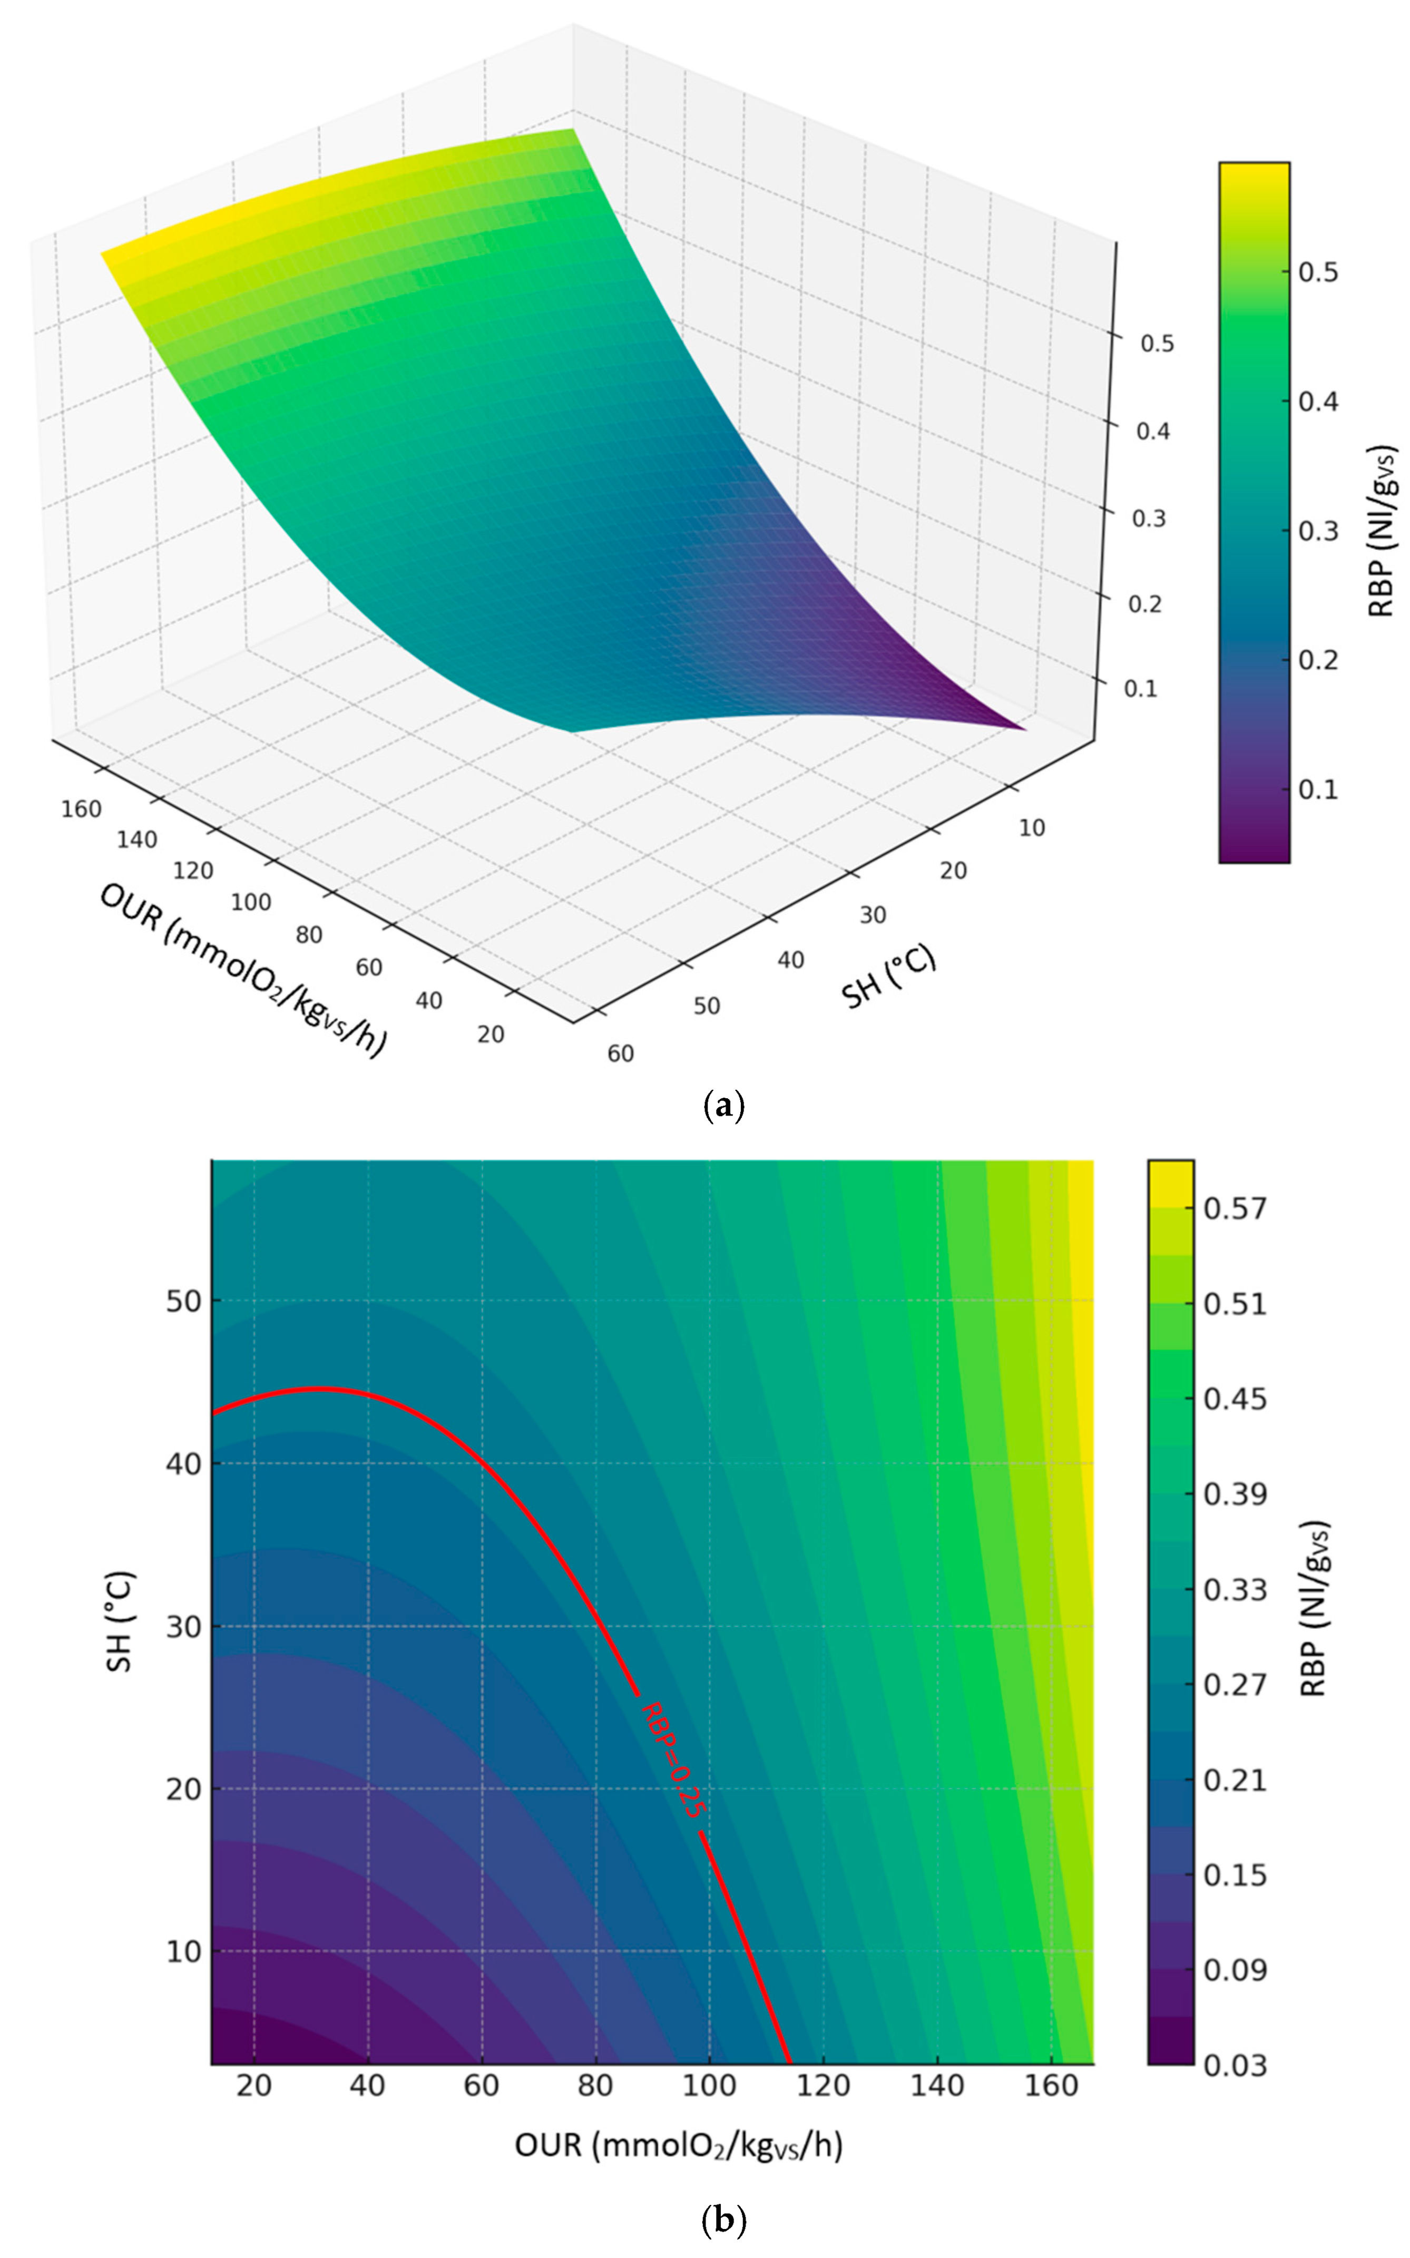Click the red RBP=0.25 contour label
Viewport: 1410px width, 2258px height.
click(x=671, y=1760)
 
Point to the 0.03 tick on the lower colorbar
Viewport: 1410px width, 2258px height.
click(x=1235, y=2065)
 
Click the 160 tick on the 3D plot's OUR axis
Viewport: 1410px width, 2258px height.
click(x=81, y=809)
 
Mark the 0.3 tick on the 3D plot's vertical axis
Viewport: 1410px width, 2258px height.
click(x=1148, y=519)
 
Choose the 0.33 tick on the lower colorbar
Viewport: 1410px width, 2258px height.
click(x=1235, y=1589)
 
